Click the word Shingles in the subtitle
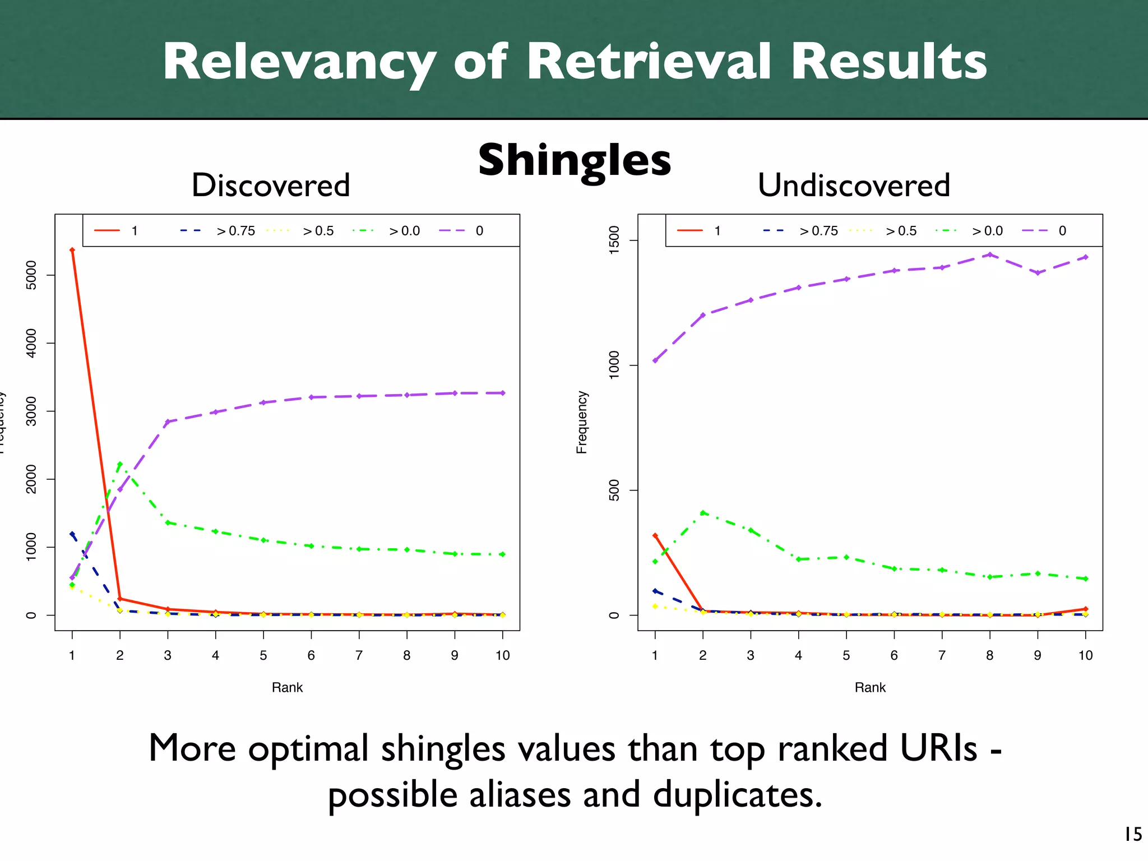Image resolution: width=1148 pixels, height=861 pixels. [574, 160]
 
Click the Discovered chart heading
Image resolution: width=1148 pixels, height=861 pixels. [271, 185]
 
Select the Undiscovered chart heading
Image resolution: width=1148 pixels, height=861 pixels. [854, 185]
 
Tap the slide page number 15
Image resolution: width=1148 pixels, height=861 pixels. [1133, 835]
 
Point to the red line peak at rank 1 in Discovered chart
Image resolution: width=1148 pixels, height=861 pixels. [72, 250]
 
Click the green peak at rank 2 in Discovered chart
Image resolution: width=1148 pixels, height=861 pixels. [120, 464]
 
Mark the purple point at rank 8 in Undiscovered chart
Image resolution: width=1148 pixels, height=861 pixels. [990, 254]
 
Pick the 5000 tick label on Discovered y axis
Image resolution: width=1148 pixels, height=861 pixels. [31, 275]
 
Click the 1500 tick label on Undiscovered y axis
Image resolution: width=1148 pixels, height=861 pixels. [614, 240]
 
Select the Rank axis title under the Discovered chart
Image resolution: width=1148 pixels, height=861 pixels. [287, 688]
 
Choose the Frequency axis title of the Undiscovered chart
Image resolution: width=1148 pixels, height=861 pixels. [582, 422]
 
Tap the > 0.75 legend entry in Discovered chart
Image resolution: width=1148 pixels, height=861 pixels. [235, 231]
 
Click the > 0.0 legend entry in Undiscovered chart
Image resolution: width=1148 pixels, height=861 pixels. [987, 231]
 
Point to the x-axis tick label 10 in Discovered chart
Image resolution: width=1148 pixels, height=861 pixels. [502, 655]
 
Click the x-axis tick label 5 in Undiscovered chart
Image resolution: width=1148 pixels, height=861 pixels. [846, 655]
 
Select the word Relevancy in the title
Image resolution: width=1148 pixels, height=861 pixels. [299, 63]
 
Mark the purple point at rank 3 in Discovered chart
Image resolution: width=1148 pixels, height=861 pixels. [168, 422]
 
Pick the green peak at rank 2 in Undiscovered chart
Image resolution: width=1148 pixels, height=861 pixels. [703, 512]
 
